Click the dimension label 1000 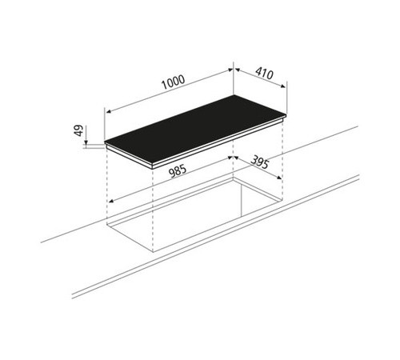[174, 82]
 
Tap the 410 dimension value [264, 74]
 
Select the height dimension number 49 [79, 130]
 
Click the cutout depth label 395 [260, 162]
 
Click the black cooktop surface [195, 130]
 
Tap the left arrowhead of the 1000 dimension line [108, 111]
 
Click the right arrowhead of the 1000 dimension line [230, 70]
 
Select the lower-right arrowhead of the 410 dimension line [283, 86]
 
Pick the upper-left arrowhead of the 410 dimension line [237, 70]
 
